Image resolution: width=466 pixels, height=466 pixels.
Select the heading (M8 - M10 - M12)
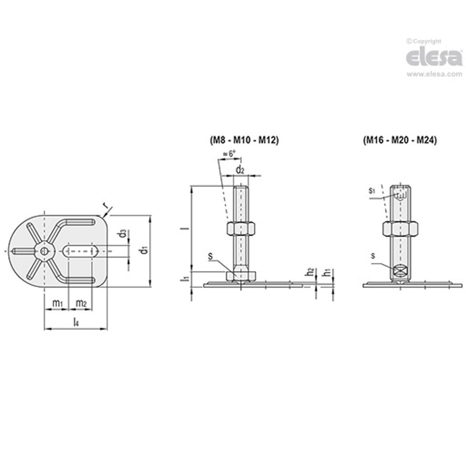244,140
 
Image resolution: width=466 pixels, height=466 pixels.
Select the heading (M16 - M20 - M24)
400,140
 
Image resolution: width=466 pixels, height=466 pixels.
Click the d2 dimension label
240,169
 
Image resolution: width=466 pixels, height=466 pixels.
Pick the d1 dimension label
144,250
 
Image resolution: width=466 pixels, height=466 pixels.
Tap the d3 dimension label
122,233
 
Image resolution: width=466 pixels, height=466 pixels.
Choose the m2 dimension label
81,303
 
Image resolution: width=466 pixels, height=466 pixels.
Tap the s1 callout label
371,190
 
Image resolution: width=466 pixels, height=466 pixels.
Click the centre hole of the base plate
45,251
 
